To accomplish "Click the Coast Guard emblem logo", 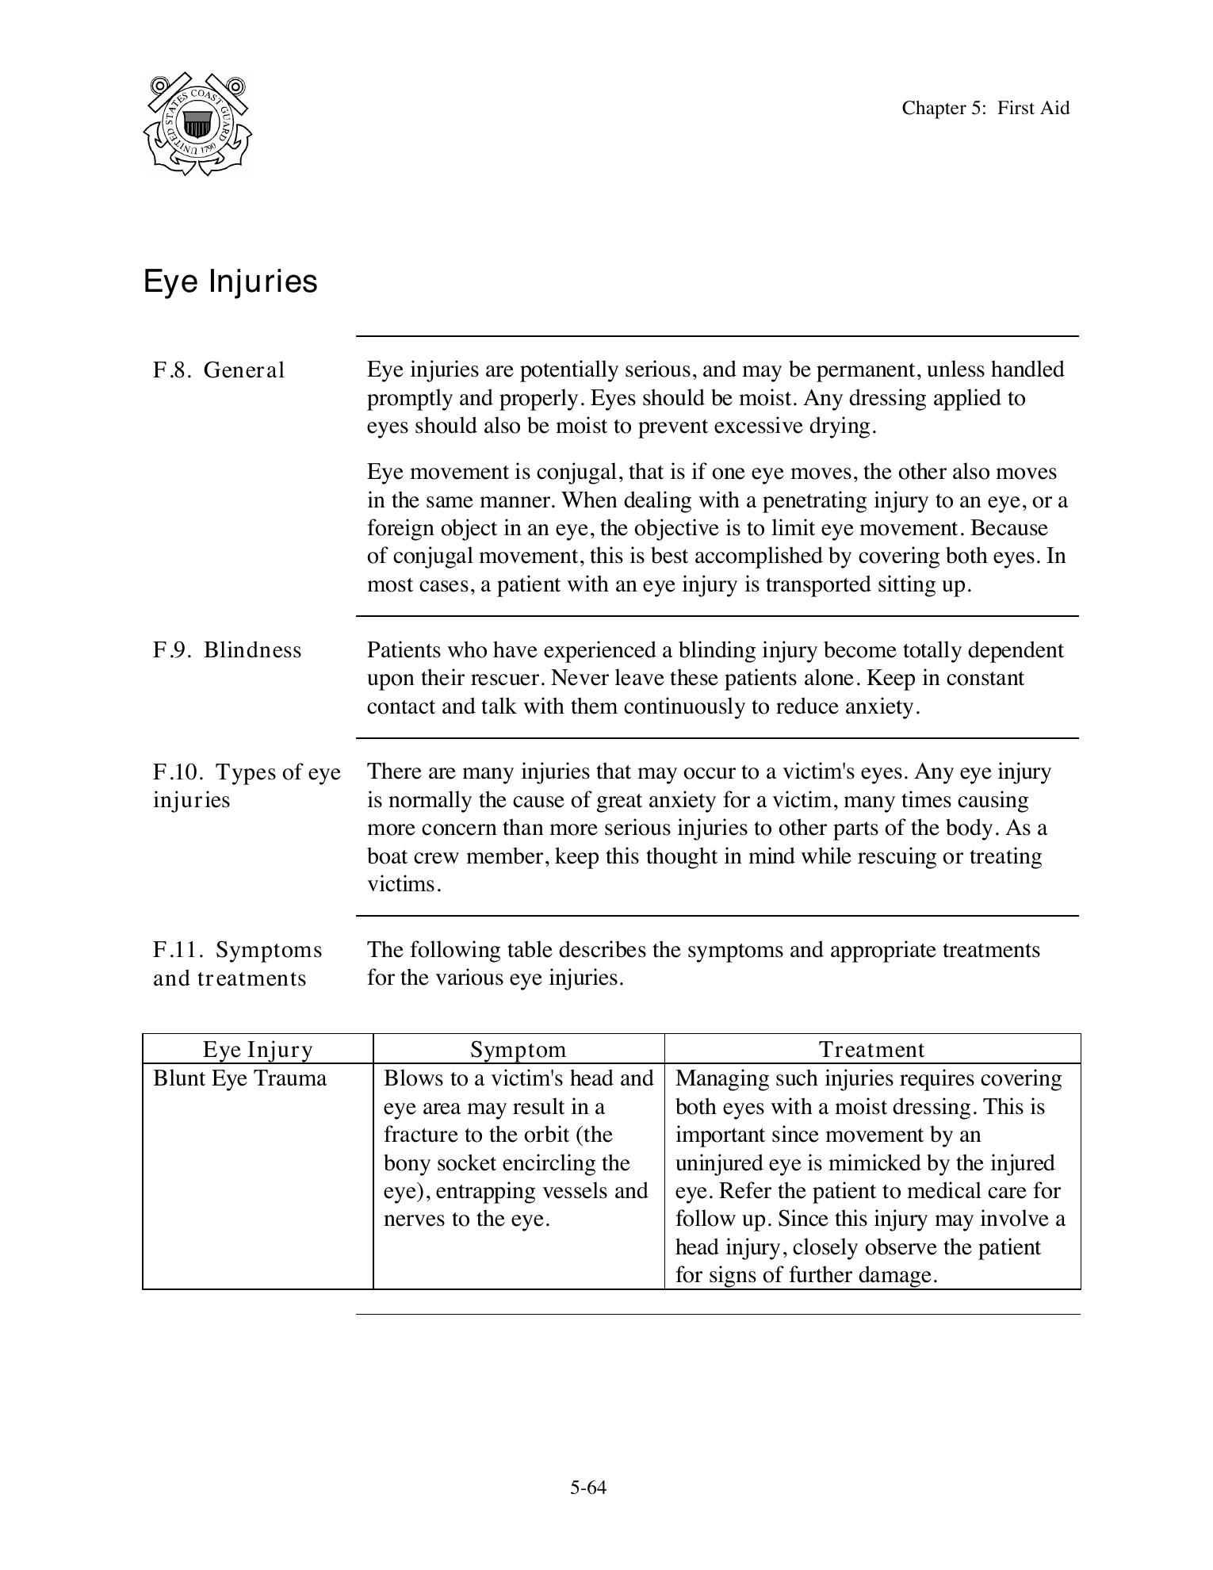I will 197,124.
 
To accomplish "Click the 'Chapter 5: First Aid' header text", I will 985,108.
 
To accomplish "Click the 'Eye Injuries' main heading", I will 230,281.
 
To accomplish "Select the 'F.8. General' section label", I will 218,370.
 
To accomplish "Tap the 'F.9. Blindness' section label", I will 227,650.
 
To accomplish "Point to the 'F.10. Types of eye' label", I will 247,772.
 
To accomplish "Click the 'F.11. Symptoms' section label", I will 237,950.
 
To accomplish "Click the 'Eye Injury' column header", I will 258,1050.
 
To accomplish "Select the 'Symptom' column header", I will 518,1050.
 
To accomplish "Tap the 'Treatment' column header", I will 871,1050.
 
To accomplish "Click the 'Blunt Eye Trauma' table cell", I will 239,1078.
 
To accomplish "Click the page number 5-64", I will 587,1488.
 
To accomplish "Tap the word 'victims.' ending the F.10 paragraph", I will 404,885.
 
